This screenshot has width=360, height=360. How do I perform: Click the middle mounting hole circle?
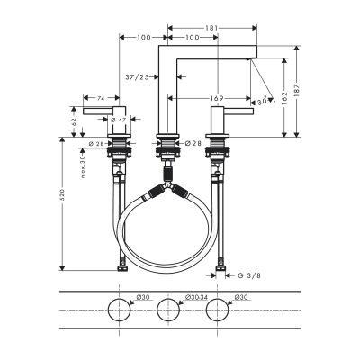click(167, 311)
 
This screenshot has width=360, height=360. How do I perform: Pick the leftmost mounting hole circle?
click(118, 311)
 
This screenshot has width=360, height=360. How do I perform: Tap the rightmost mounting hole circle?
click(216, 311)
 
